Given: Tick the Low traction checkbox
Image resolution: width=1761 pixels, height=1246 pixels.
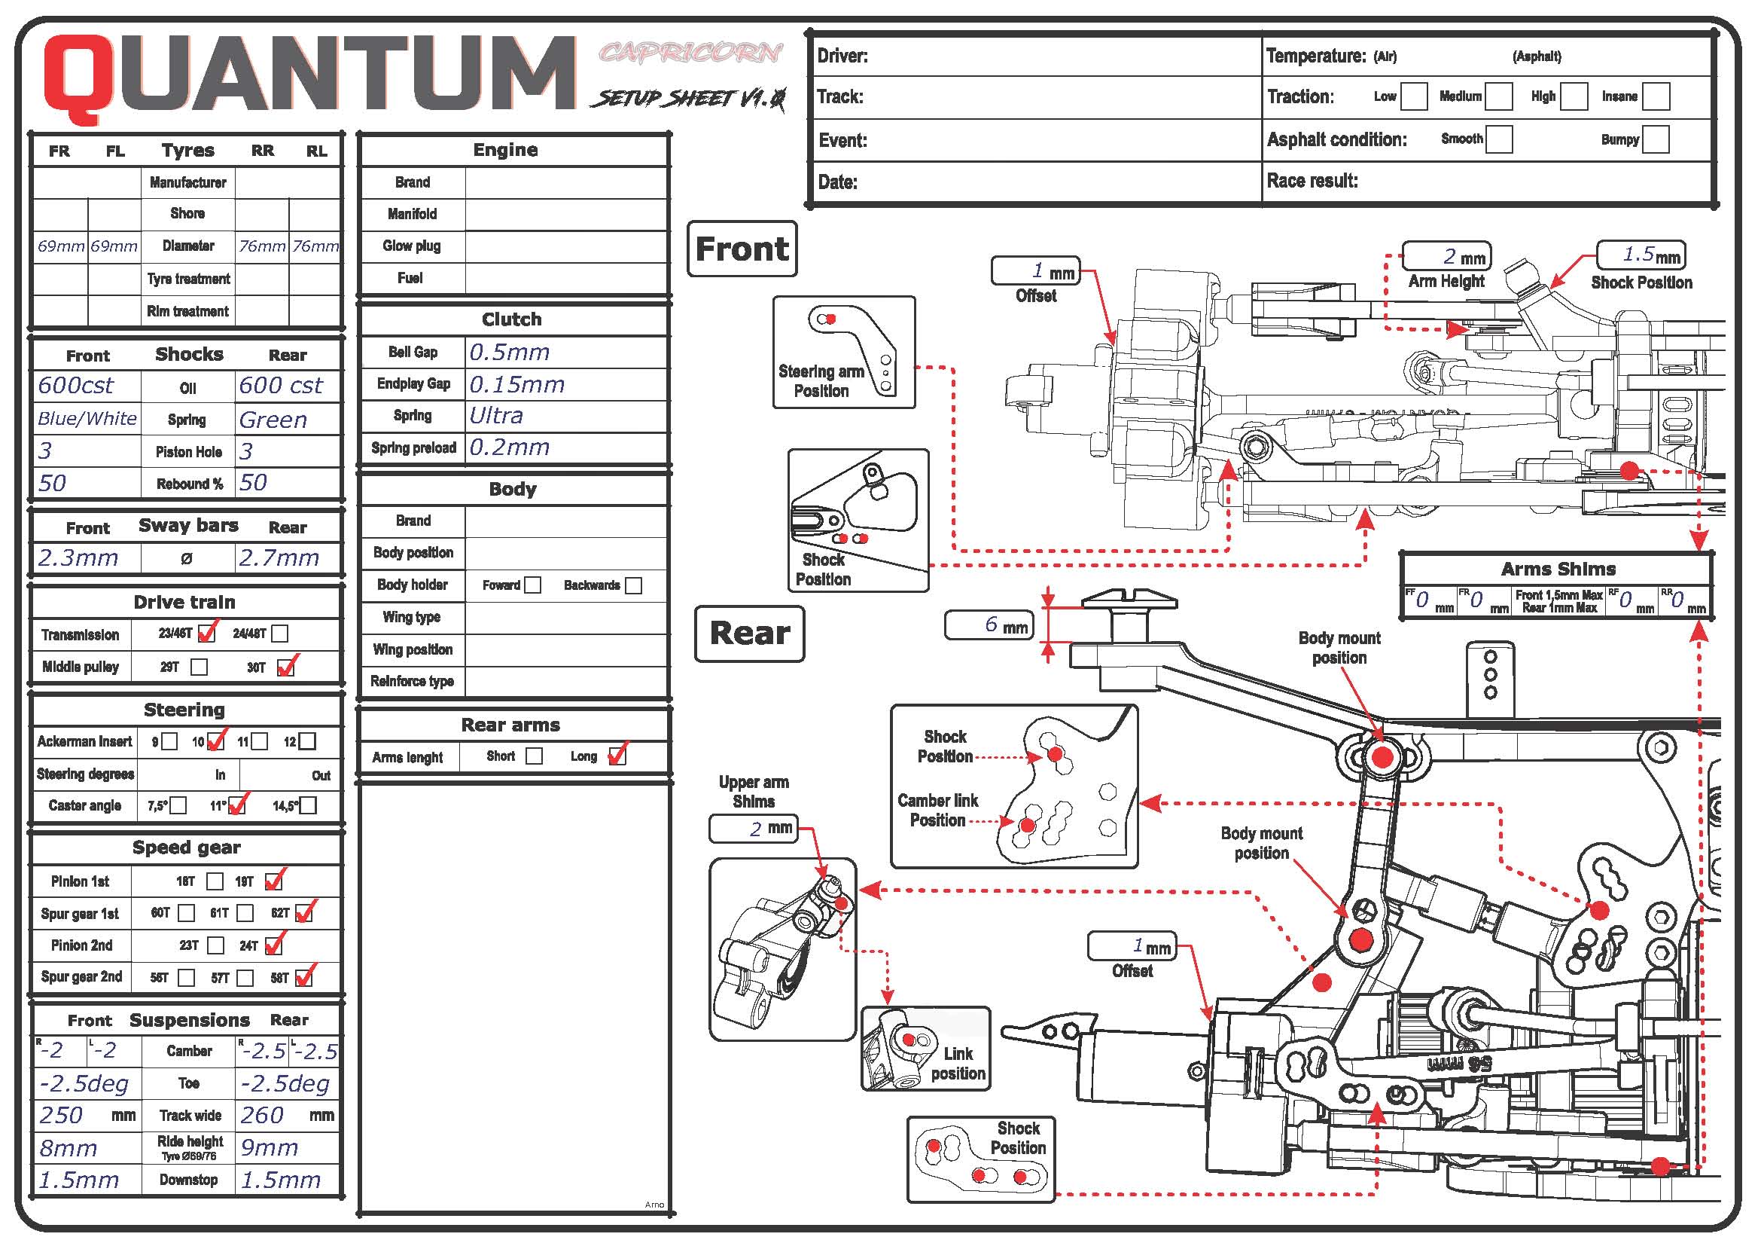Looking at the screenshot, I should [1414, 96].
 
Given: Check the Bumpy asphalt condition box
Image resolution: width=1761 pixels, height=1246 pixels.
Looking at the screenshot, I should [1656, 139].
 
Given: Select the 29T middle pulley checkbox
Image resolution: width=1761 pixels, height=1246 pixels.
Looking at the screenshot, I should [199, 667].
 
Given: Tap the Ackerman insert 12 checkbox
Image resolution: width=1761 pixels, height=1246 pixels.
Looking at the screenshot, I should [306, 741].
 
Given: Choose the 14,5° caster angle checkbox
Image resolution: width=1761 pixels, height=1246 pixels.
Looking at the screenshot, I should [308, 805].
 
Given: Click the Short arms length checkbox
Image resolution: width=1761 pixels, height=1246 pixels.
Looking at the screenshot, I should [534, 756].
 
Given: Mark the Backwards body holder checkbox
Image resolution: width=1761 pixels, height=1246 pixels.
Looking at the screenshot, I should [633, 585].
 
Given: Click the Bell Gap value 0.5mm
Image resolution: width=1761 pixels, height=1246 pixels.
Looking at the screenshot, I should [509, 352].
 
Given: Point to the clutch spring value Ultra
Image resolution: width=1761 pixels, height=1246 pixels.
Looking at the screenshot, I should [496, 416].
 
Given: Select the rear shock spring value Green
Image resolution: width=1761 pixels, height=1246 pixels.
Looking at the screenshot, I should [273, 420].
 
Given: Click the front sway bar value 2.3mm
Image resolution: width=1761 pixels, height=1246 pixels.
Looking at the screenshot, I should [78, 557].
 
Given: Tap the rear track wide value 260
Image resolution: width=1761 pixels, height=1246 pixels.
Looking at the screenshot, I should [262, 1115].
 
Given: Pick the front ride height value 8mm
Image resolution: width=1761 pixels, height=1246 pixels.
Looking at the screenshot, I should [69, 1148].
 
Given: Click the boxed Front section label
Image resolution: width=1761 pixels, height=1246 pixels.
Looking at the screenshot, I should [742, 249].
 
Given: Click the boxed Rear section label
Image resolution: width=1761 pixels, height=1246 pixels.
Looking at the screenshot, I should [749, 634].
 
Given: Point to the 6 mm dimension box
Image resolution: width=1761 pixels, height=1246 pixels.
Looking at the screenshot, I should [989, 625].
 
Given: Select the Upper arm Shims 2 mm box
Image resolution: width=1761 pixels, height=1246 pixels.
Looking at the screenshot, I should [754, 829].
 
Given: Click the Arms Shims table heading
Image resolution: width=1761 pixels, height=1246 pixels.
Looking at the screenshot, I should [1558, 569].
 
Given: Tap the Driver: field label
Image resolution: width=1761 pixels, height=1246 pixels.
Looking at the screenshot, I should [842, 56].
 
